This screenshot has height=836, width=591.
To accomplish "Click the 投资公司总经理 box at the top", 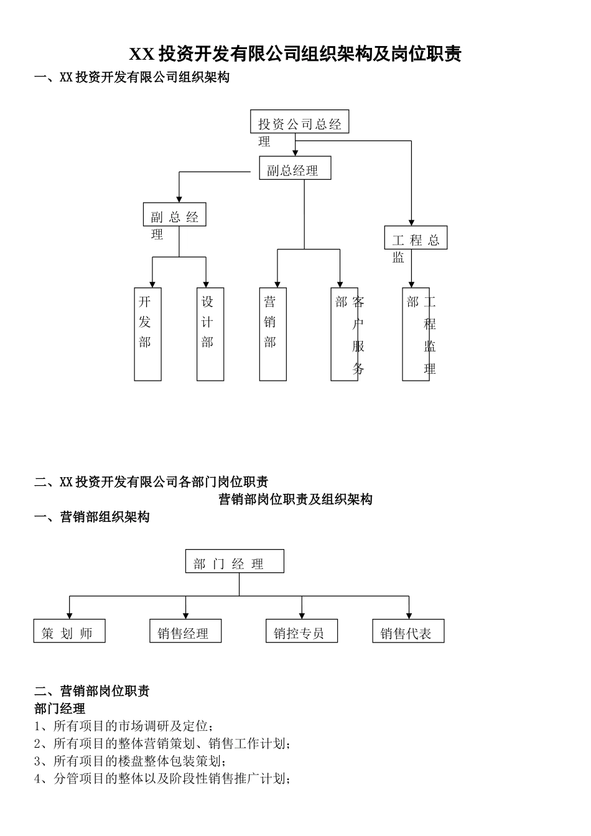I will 299,122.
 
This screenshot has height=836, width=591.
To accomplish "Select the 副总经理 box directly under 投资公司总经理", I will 295,168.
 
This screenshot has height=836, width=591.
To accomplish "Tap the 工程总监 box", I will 416,238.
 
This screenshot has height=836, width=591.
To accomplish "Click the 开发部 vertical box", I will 147,334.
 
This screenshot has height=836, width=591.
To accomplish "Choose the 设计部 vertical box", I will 210,334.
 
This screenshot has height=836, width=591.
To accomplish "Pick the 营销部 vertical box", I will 272,334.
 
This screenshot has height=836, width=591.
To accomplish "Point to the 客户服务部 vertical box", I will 345,334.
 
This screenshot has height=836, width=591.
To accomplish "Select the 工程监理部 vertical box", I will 416,334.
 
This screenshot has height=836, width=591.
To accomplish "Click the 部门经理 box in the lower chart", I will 235,561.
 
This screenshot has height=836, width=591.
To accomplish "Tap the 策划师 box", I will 69,631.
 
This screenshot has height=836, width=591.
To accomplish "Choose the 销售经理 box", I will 185,631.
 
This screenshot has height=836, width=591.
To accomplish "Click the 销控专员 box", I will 301,631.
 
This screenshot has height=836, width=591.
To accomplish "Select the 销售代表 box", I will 408,631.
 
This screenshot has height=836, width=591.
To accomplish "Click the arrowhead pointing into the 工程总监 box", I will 411,221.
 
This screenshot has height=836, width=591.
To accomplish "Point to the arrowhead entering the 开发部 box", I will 152,284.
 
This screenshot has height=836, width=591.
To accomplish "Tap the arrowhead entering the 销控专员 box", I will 302,615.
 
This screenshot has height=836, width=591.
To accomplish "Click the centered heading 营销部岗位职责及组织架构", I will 295,499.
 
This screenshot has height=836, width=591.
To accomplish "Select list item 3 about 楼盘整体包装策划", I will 129,761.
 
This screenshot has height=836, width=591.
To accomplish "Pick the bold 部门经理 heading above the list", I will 60,708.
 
